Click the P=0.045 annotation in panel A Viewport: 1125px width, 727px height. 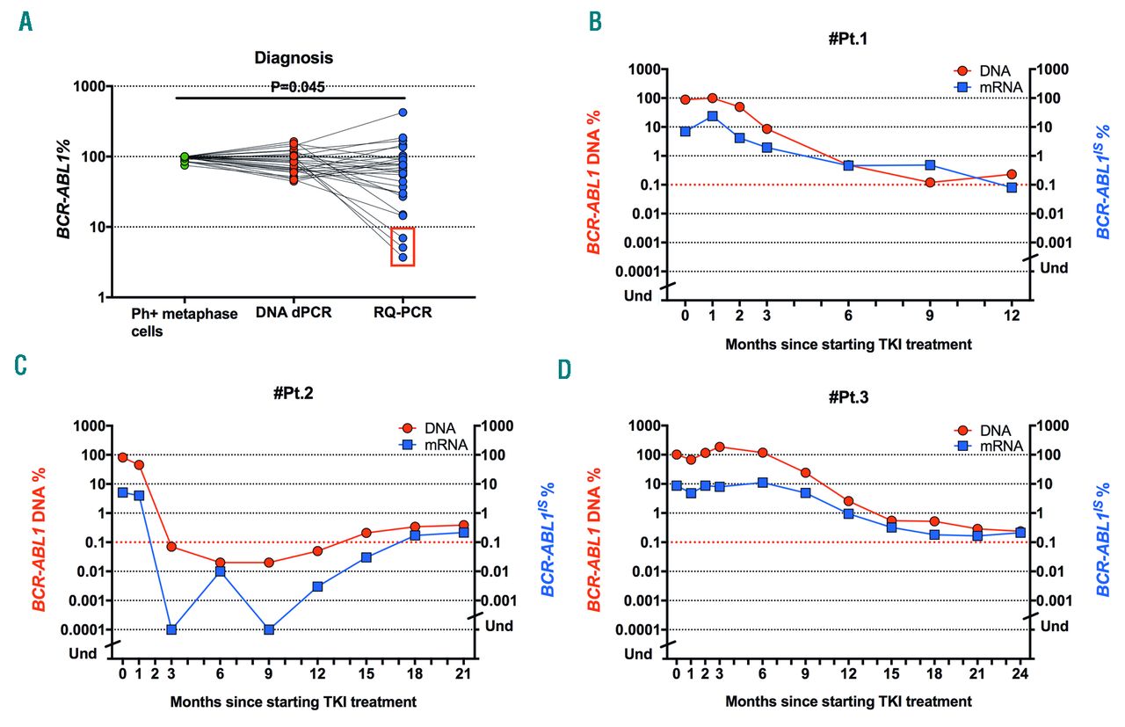[x=291, y=86]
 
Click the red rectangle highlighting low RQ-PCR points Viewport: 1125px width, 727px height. [x=403, y=246]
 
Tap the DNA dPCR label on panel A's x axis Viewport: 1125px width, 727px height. [x=294, y=313]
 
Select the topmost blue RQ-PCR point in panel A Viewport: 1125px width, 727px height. [x=403, y=113]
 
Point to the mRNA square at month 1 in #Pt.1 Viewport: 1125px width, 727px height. [x=712, y=116]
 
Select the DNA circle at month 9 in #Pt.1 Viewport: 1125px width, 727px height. [x=930, y=182]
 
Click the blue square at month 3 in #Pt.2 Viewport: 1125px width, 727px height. [x=171, y=629]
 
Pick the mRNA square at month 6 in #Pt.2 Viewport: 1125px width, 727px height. [x=220, y=571]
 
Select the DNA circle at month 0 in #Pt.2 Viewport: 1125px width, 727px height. [x=123, y=458]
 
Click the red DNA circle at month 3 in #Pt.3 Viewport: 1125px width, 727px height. [x=719, y=447]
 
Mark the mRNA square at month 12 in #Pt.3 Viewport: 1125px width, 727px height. [x=848, y=513]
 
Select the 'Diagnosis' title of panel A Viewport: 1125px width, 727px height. [x=290, y=58]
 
